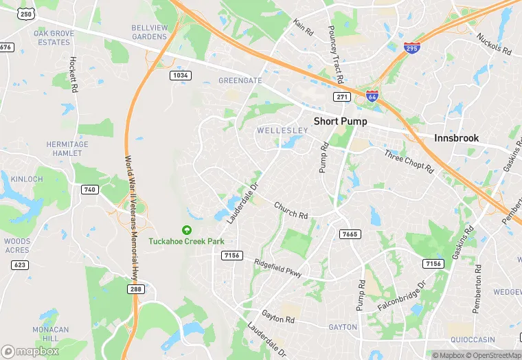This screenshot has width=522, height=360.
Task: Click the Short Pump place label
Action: click(x=340, y=121)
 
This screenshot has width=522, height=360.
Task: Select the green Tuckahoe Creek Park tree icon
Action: click(x=186, y=230)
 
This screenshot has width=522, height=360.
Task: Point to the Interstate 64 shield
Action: click(x=372, y=97)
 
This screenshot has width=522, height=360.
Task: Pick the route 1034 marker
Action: click(x=181, y=76)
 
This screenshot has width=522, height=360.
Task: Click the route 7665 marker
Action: click(x=350, y=234)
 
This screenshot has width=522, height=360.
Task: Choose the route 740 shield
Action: click(x=90, y=190)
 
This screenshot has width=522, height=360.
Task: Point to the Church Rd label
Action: click(x=291, y=210)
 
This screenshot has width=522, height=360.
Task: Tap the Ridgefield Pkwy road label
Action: click(x=277, y=267)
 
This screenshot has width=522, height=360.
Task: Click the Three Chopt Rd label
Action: click(x=409, y=161)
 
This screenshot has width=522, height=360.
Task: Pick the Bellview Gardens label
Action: click(x=149, y=32)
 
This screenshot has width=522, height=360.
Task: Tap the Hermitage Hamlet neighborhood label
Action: click(x=67, y=149)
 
